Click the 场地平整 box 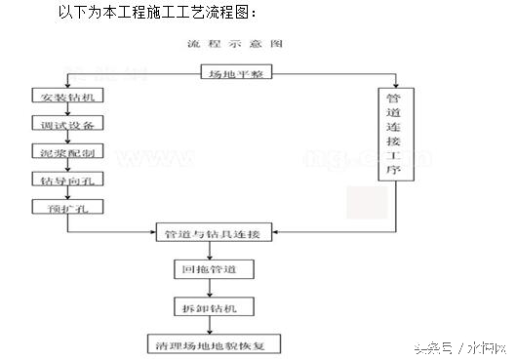pyautogui.click(x=238, y=73)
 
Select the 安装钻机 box pyautogui.click(x=67, y=100)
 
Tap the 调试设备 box pyautogui.click(x=67, y=127)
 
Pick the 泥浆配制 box pyautogui.click(x=67, y=154)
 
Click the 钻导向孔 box pyautogui.click(x=67, y=181)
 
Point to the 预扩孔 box pyautogui.click(x=67, y=209)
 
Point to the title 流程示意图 pyautogui.click(x=238, y=45)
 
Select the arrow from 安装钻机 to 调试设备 pyautogui.click(x=67, y=113)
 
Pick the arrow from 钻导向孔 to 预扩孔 pyautogui.click(x=67, y=195)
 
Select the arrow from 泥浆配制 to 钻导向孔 pyautogui.click(x=67, y=168)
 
